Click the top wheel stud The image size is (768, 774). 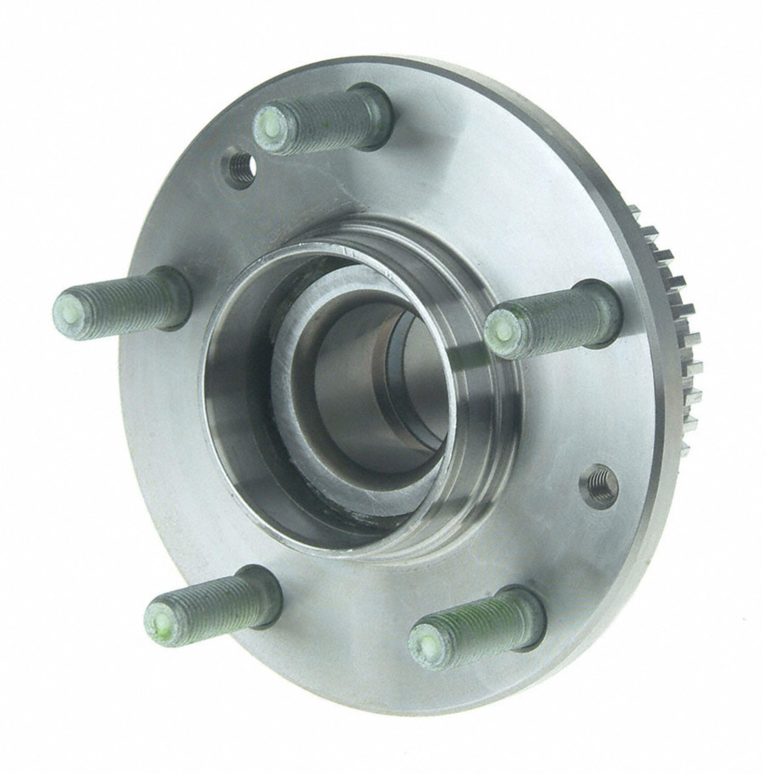[321, 120]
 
